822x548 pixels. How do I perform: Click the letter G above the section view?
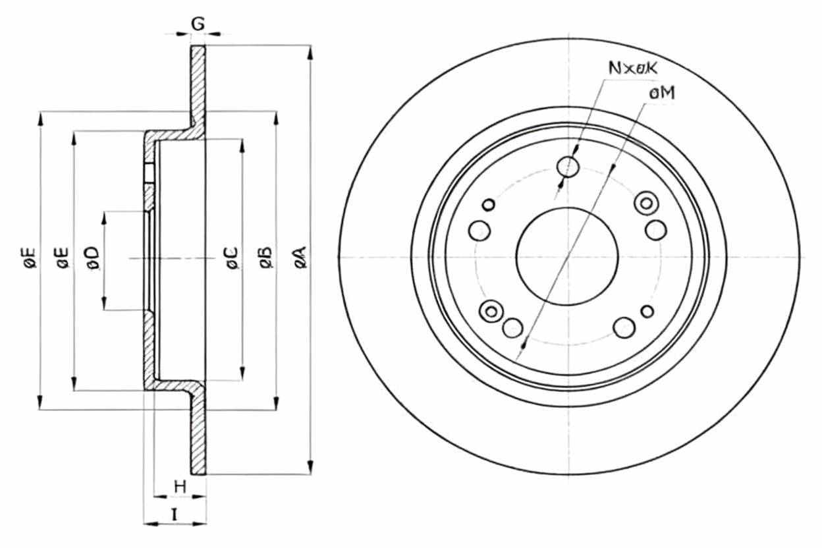click(x=198, y=24)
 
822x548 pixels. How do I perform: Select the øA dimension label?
click(x=300, y=257)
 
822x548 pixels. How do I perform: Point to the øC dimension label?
click(x=231, y=257)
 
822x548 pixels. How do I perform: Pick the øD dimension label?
click(x=92, y=258)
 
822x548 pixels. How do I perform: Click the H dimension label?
click(x=180, y=487)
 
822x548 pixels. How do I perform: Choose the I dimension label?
click(x=175, y=515)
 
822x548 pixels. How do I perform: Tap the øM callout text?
click(x=662, y=95)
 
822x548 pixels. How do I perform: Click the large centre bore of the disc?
click(x=567, y=256)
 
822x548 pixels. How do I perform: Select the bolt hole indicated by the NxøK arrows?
click(x=568, y=167)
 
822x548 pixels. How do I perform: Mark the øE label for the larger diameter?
click(x=29, y=258)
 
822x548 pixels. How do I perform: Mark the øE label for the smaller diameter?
click(x=63, y=258)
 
